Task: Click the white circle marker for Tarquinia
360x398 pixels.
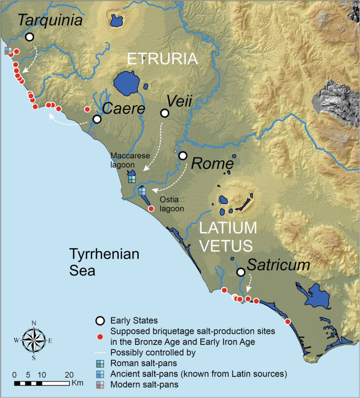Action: point(29,37)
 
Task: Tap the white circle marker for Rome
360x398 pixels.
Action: point(183,156)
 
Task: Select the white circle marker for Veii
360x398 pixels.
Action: point(164,113)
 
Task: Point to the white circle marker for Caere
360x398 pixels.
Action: point(97,119)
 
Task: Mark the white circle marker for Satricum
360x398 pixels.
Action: point(241,272)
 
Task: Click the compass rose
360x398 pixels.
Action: point(34,341)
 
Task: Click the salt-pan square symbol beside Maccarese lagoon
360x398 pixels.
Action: point(132,179)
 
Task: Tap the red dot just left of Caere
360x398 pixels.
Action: point(87,109)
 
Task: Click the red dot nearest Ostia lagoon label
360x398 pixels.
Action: point(151,209)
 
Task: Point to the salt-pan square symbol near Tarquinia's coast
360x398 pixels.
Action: point(8,51)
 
